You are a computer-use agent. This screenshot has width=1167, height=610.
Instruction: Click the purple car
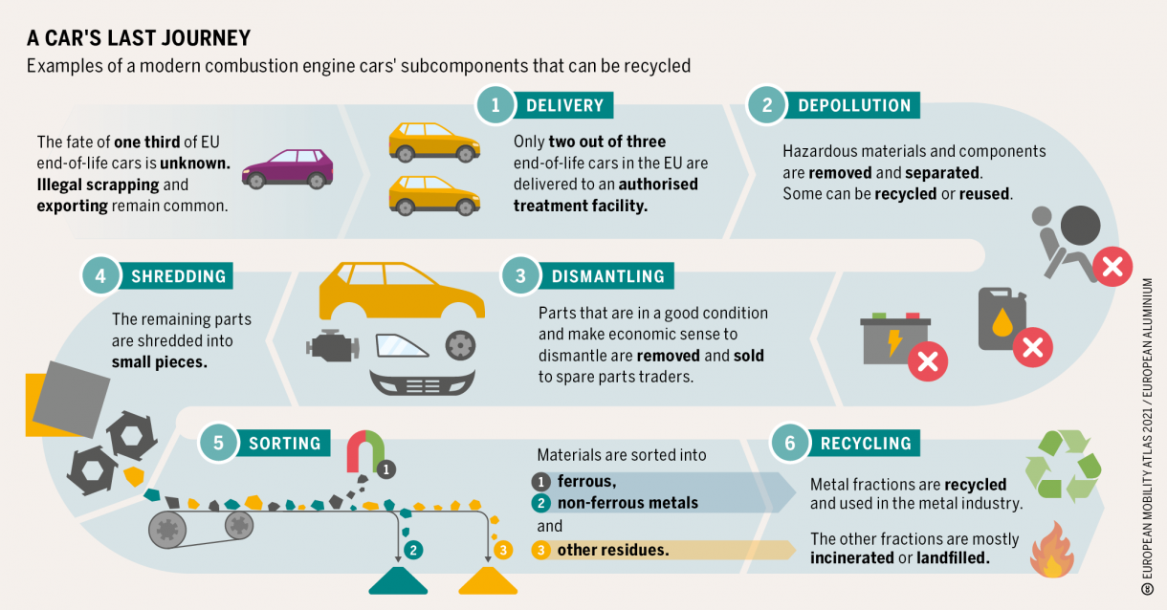click(288, 168)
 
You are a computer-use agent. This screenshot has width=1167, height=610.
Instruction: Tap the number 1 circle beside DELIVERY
click(495, 105)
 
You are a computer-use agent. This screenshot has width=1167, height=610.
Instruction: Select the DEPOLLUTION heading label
click(854, 105)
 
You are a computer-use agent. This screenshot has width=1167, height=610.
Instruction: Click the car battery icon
click(895, 338)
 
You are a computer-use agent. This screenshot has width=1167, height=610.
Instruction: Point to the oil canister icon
click(1002, 318)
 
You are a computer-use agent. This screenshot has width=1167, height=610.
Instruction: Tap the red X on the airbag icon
click(1112, 267)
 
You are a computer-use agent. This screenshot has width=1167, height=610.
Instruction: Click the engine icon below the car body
click(333, 345)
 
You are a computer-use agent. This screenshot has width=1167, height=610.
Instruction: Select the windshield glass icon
click(402, 345)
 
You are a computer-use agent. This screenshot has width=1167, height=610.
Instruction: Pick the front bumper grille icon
click(423, 382)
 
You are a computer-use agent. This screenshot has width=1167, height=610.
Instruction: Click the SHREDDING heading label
click(178, 276)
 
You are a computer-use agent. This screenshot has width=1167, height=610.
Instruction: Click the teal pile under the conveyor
click(398, 580)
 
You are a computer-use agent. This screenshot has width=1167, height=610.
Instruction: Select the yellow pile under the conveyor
click(488, 580)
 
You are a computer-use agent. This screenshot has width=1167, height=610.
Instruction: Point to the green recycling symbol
click(1063, 466)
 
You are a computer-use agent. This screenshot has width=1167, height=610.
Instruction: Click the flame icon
click(1052, 550)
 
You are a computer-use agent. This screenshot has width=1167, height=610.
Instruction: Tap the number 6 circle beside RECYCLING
click(790, 443)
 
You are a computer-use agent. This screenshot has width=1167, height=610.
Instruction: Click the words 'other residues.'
click(613, 550)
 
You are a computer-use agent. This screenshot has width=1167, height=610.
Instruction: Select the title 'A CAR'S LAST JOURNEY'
click(139, 38)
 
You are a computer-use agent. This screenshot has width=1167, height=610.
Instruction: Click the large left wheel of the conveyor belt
click(167, 530)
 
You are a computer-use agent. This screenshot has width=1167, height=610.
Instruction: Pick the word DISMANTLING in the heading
click(608, 276)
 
